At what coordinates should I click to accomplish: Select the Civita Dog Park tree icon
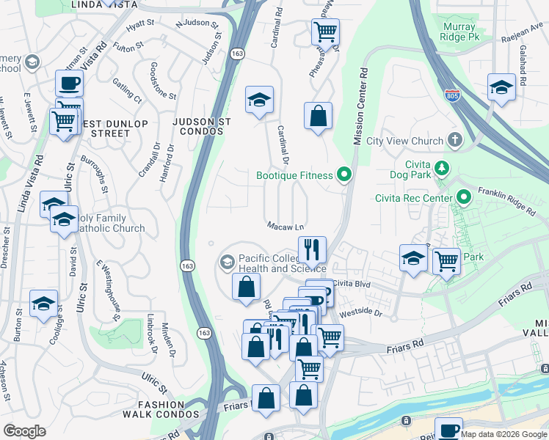(442, 169)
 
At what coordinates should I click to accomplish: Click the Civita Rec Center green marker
(464, 197)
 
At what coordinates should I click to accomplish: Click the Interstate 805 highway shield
(452, 95)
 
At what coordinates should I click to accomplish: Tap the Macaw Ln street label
(286, 226)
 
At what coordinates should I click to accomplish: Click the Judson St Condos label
(202, 125)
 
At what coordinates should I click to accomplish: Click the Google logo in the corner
(24, 431)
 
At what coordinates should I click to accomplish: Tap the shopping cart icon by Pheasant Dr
(324, 32)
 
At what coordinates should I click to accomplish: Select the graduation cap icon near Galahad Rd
(501, 87)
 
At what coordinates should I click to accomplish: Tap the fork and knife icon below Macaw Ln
(312, 249)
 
